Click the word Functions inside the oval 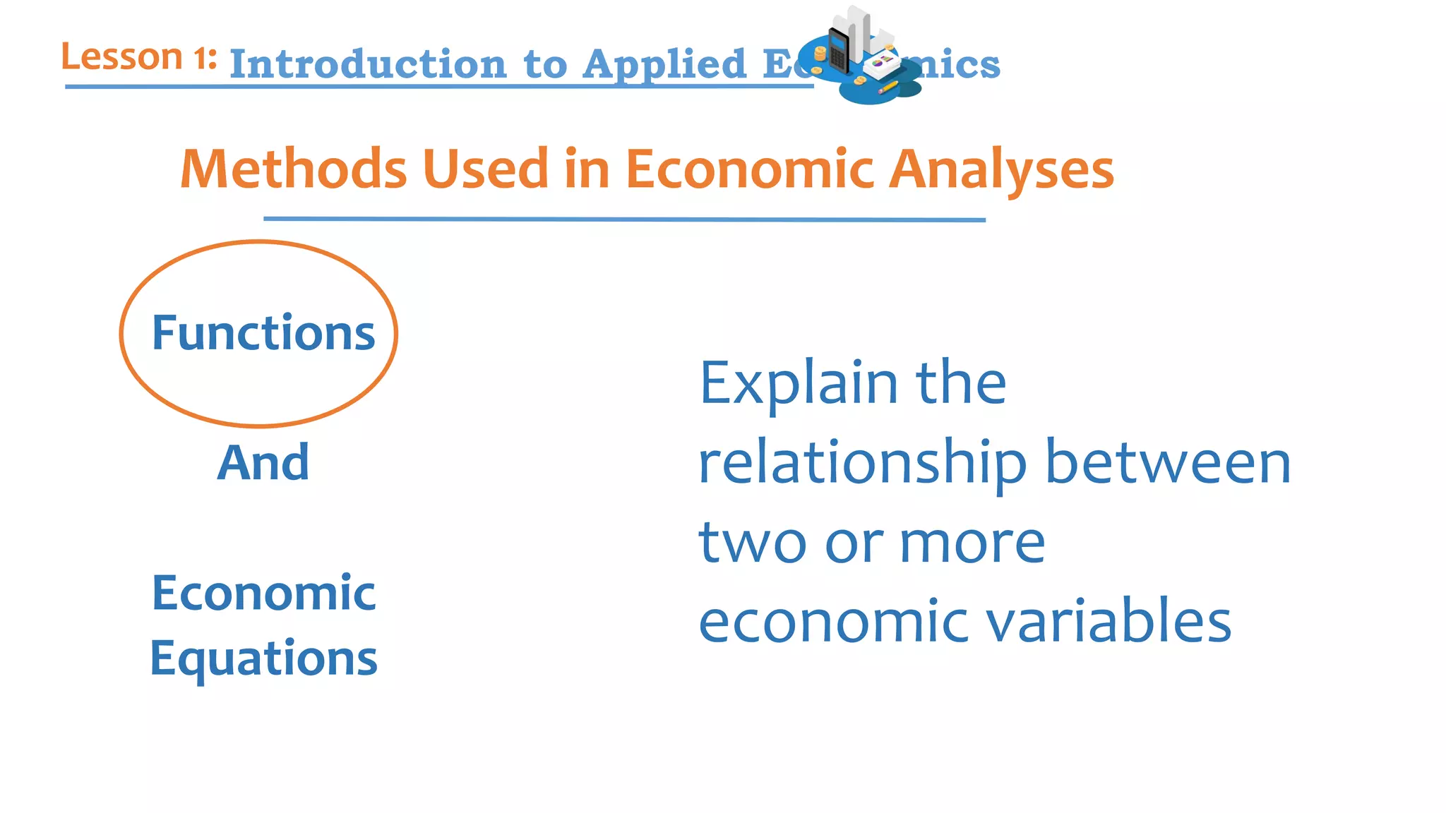point(263,333)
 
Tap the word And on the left point(263,463)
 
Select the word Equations point(263,658)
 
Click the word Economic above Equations point(263,593)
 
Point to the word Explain point(798,384)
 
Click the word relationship point(862,464)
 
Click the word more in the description point(972,543)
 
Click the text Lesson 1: point(138,57)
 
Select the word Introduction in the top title point(368,64)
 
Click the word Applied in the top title point(664,64)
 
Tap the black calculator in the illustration point(839,51)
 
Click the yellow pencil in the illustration point(888,88)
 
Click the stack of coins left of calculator point(820,54)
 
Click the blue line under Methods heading point(624,219)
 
